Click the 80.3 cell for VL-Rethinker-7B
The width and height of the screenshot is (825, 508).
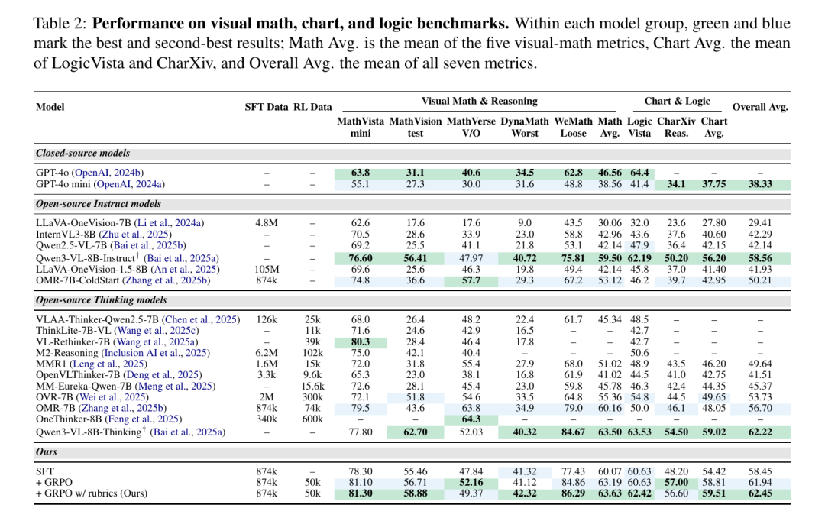(x=361, y=341)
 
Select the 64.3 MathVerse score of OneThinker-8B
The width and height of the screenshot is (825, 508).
(x=471, y=419)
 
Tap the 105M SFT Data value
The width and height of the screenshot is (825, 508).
(x=267, y=270)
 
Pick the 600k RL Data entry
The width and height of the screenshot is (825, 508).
(x=312, y=419)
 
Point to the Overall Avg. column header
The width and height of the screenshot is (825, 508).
(x=760, y=107)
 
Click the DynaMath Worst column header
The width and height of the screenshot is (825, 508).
(x=525, y=127)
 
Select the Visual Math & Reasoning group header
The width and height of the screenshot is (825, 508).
(x=479, y=101)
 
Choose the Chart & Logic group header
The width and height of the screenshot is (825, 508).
(x=677, y=101)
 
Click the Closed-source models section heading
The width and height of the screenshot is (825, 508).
(x=82, y=154)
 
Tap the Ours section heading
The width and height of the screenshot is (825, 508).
(x=47, y=451)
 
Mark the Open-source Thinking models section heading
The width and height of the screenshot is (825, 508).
(x=101, y=300)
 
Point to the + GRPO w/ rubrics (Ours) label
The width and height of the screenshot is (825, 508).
(x=92, y=493)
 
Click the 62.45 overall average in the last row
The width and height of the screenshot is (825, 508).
(x=760, y=493)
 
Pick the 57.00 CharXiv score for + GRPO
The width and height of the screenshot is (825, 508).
(x=676, y=482)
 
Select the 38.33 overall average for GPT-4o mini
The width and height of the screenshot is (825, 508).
(x=760, y=184)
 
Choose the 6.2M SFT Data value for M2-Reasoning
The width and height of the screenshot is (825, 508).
(x=267, y=353)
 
